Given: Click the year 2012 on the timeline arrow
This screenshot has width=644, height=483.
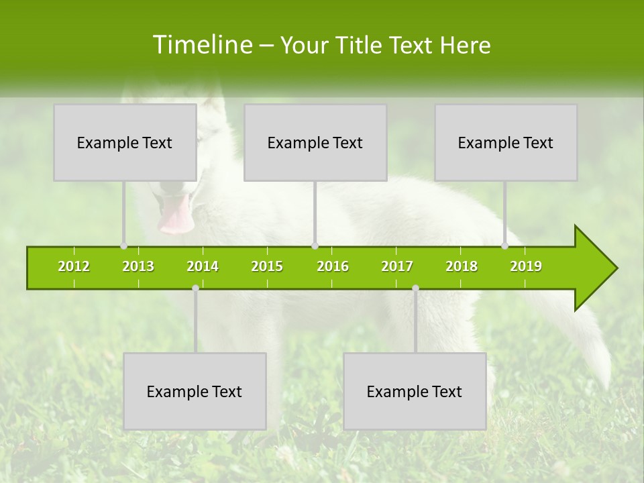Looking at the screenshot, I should point(74,266).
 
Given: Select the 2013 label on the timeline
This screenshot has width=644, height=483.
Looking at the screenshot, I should point(138,266).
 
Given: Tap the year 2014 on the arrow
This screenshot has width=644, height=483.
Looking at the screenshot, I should point(203,266).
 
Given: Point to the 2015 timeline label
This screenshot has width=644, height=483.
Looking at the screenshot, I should point(267,266).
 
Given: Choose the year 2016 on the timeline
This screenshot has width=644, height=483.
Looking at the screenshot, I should point(333,266).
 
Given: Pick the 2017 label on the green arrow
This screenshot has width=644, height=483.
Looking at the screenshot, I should point(397,266).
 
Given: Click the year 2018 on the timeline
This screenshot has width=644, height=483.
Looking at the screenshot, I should point(462,266).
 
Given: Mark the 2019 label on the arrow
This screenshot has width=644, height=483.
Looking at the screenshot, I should point(526,266).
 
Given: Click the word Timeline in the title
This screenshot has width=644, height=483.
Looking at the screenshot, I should point(201,45).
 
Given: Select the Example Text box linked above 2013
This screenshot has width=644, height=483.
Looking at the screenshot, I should point(125,142).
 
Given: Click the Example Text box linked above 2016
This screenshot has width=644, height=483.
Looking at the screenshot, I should point(315,142).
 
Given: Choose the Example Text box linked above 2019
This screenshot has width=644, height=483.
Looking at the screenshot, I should point(506,142).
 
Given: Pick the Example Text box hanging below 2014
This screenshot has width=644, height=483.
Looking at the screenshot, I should point(195,391).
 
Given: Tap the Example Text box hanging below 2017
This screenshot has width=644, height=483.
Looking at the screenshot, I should point(415,391).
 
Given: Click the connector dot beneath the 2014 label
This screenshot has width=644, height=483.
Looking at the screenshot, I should point(195,288).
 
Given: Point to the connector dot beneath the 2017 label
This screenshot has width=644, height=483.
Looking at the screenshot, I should point(415,288).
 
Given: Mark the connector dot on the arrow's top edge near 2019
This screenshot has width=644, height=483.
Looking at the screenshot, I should point(505,246).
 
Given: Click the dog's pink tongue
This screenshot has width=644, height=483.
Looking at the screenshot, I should point(176,216).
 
